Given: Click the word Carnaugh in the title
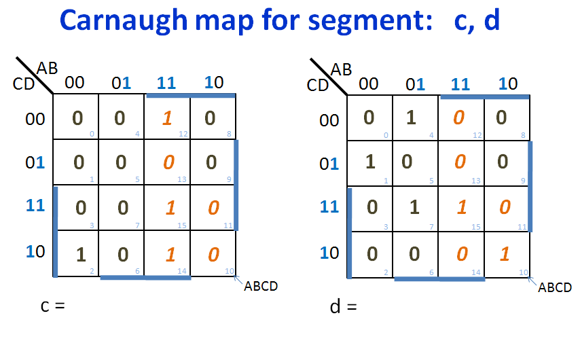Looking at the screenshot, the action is (124, 21).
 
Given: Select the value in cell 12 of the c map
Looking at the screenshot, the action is (167, 118).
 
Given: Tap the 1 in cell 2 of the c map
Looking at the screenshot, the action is (81, 255).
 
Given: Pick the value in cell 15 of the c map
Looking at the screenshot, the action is (170, 208).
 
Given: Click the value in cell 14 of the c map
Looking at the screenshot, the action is (170, 255).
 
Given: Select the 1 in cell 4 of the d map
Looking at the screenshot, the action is (411, 118).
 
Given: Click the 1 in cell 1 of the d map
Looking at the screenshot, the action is (370, 162).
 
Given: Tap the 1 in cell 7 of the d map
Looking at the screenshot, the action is (414, 207).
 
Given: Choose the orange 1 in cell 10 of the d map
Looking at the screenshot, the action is (505, 254).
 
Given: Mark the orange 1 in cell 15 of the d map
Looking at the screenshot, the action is (462, 207).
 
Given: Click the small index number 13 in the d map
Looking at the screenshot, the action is (475, 181).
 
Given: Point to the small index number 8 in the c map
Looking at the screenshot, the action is (229, 134).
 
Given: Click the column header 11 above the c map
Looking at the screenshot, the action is (166, 83).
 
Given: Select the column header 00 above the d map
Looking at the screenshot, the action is (368, 84).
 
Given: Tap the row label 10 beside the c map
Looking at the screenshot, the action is (35, 251).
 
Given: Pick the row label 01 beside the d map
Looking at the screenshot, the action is (329, 164).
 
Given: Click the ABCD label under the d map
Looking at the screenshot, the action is (555, 287).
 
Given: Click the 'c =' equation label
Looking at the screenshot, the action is (53, 306).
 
